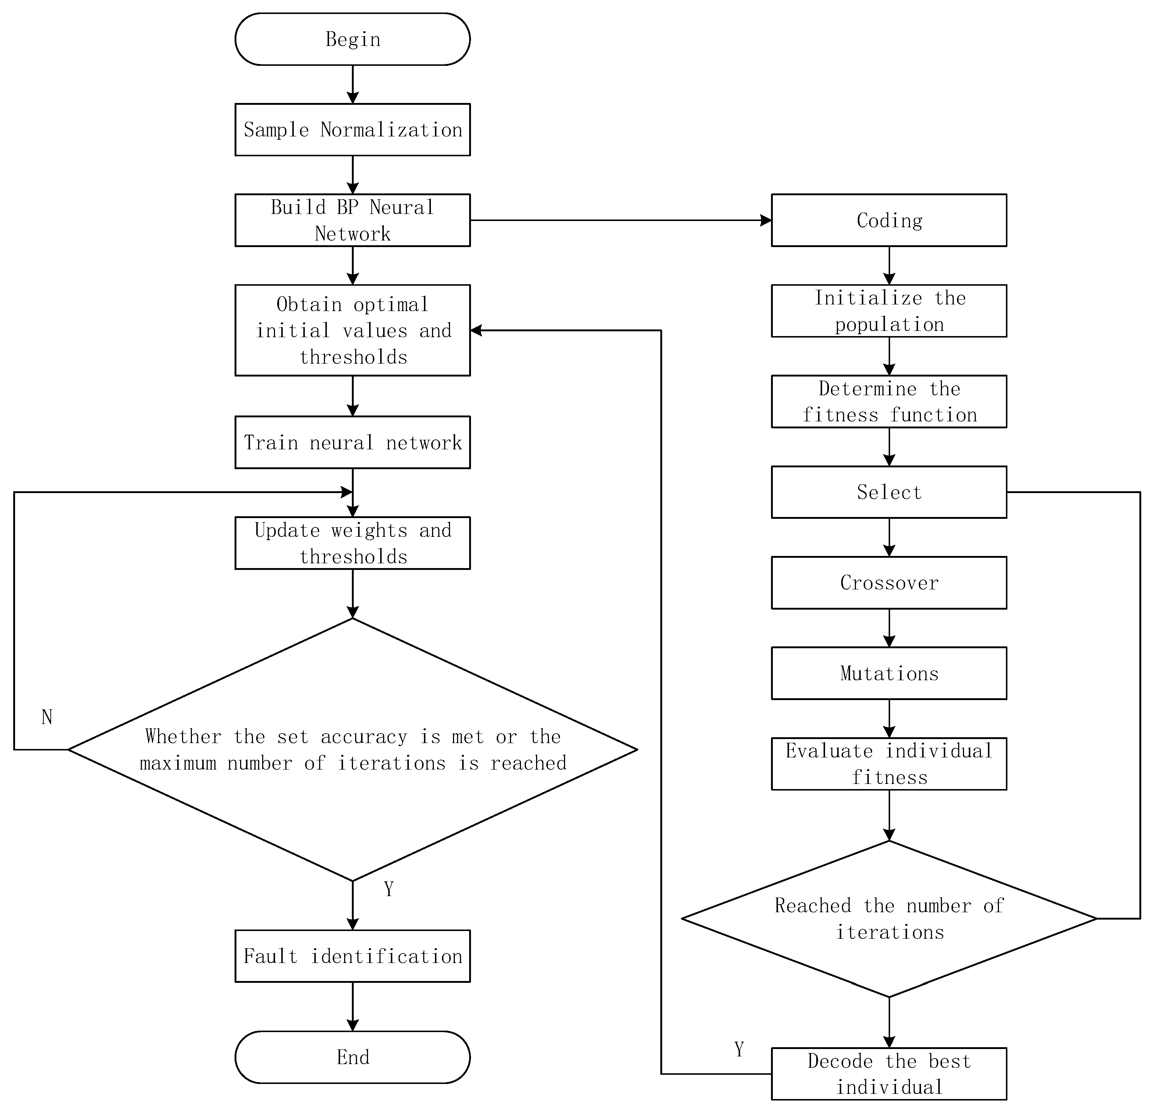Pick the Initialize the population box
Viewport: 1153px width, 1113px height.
[889, 311]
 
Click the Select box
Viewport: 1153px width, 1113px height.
[889, 492]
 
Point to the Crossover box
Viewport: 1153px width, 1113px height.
[889, 582]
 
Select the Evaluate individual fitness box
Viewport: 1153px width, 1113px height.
[889, 764]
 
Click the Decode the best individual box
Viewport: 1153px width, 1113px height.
[889, 1074]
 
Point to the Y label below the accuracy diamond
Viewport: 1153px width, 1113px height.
[389, 889]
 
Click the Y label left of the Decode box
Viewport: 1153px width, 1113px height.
[739, 1049]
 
